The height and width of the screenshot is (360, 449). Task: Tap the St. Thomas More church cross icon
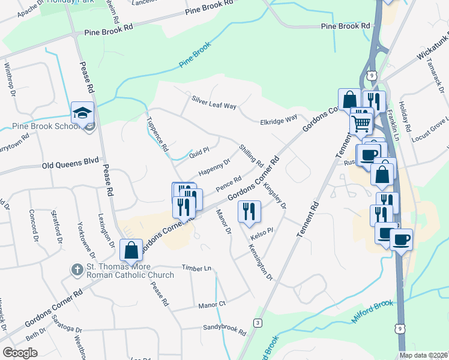[x=77, y=270]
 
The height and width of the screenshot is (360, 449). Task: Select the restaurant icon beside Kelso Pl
[x=249, y=212]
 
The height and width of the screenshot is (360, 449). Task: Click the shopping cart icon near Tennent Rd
[x=361, y=124]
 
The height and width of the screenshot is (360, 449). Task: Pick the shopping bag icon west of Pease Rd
[x=131, y=250]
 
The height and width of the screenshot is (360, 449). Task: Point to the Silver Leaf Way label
[x=214, y=103]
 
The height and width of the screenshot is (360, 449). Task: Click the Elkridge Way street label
[x=279, y=119]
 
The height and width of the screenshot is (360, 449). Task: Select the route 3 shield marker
[x=258, y=322]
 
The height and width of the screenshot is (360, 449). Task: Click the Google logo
[x=20, y=352]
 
